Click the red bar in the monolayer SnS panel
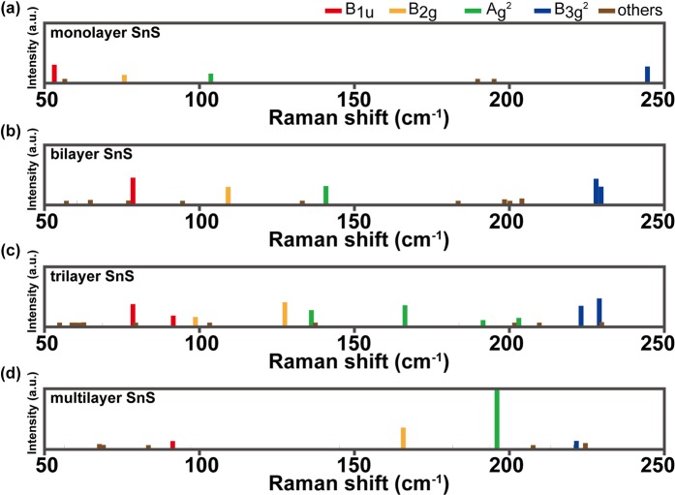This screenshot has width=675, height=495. [54, 73]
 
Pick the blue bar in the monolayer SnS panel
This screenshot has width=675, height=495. [647, 74]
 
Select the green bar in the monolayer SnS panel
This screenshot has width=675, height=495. [210, 77]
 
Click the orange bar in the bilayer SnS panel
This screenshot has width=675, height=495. [228, 195]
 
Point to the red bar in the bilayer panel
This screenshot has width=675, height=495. [133, 190]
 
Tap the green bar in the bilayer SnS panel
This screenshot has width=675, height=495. [325, 194]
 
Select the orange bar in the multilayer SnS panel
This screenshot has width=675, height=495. [403, 437]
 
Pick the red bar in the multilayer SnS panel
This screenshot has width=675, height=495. [172, 444]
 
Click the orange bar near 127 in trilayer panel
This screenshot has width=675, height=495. [285, 313]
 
